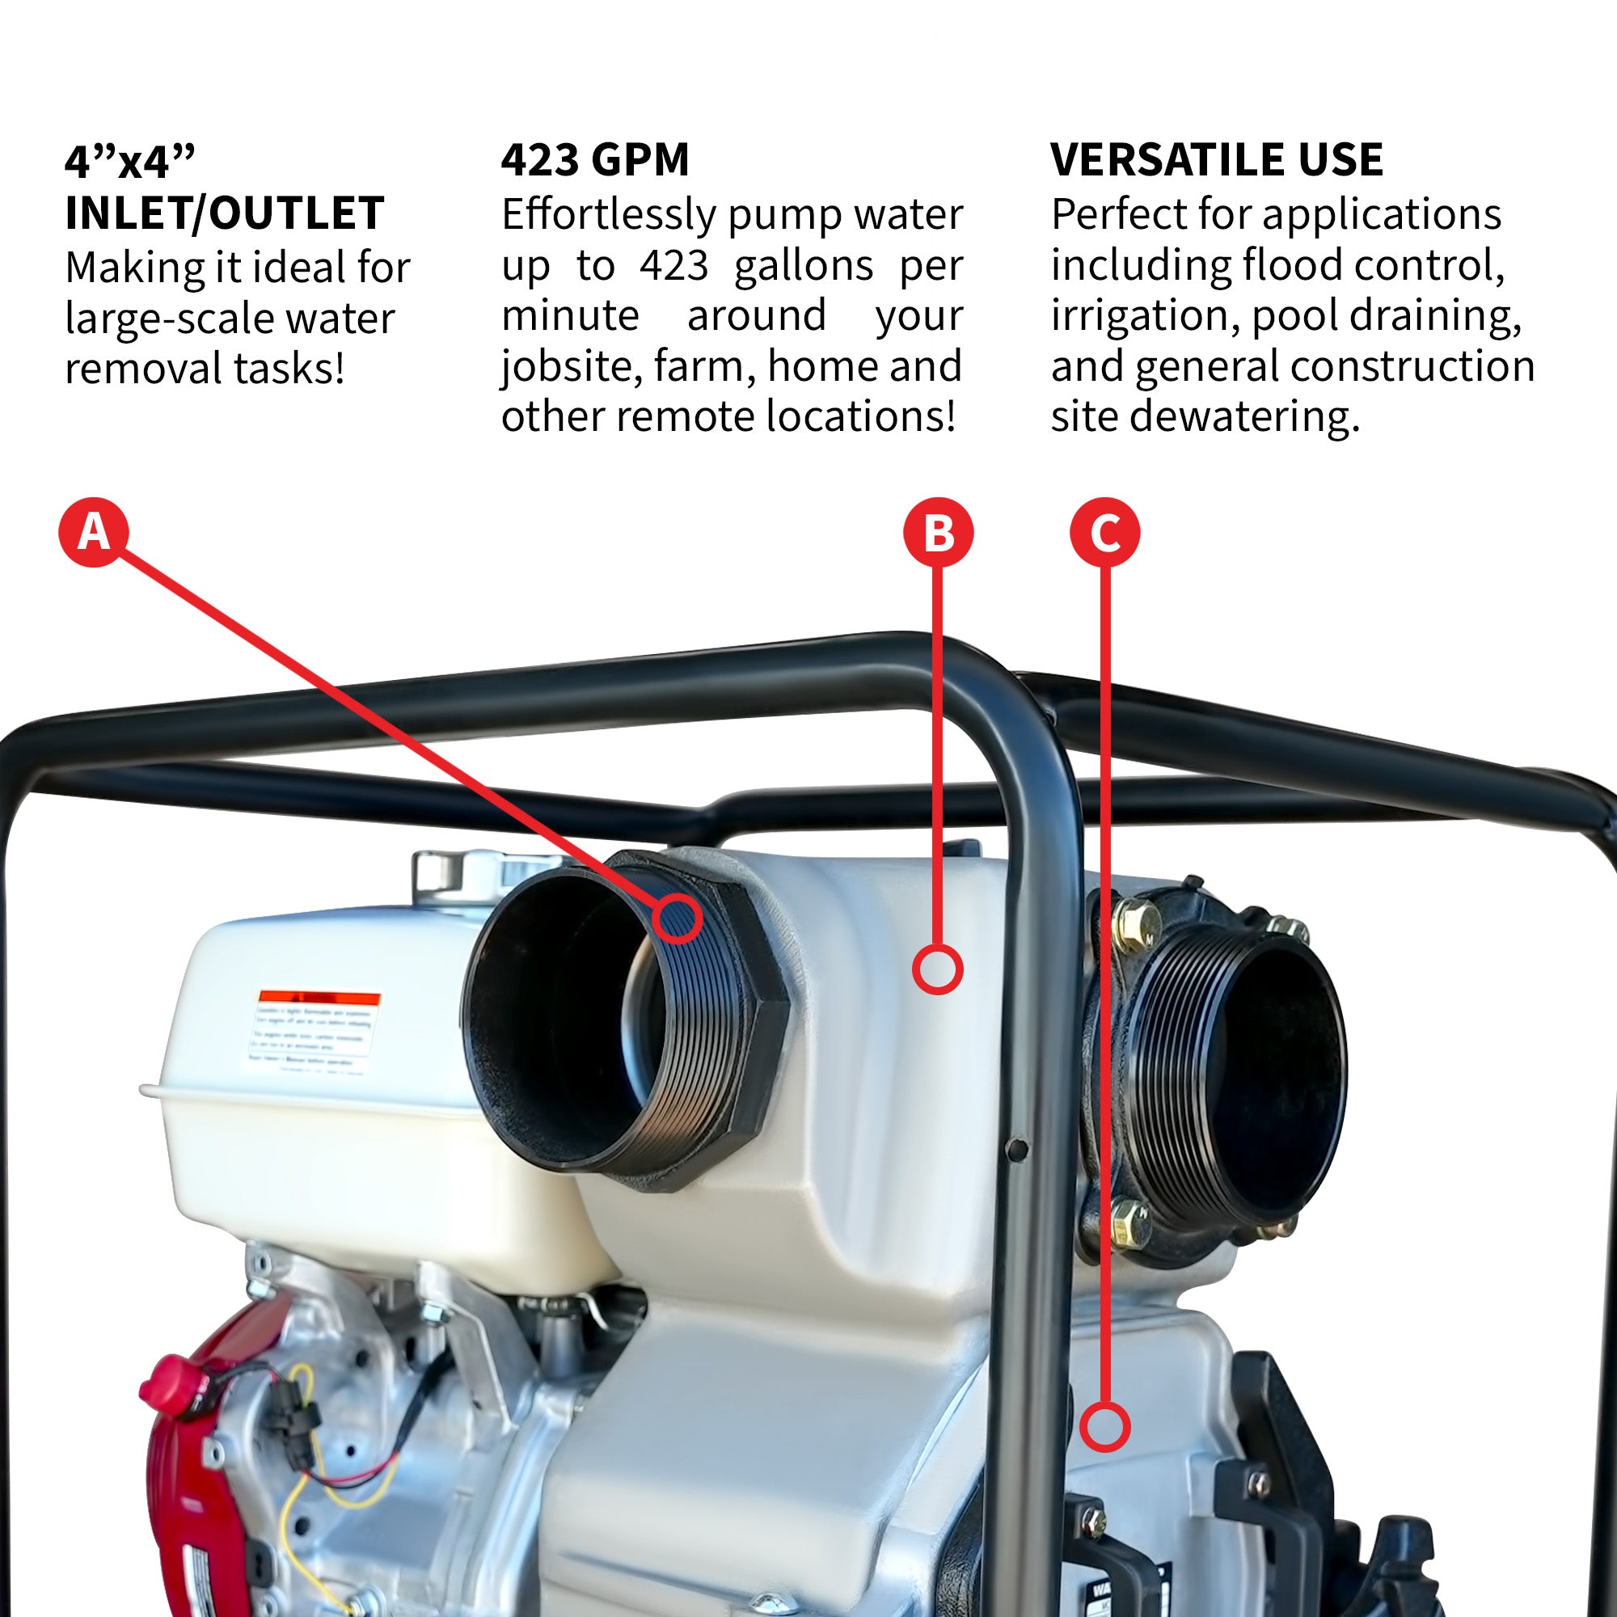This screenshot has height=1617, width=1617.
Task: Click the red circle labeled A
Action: (94, 532)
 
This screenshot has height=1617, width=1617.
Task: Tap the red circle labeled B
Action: (938, 532)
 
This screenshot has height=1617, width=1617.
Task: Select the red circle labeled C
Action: (1104, 532)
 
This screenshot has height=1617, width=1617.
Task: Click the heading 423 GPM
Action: (595, 160)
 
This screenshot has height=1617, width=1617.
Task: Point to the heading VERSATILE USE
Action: (1216, 160)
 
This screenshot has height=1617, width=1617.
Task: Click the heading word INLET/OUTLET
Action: (224, 213)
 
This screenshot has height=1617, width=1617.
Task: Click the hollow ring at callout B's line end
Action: (937, 969)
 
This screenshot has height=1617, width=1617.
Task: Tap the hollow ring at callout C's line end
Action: (1104, 1427)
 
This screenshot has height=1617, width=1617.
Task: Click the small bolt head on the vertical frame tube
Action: (1017, 1149)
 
